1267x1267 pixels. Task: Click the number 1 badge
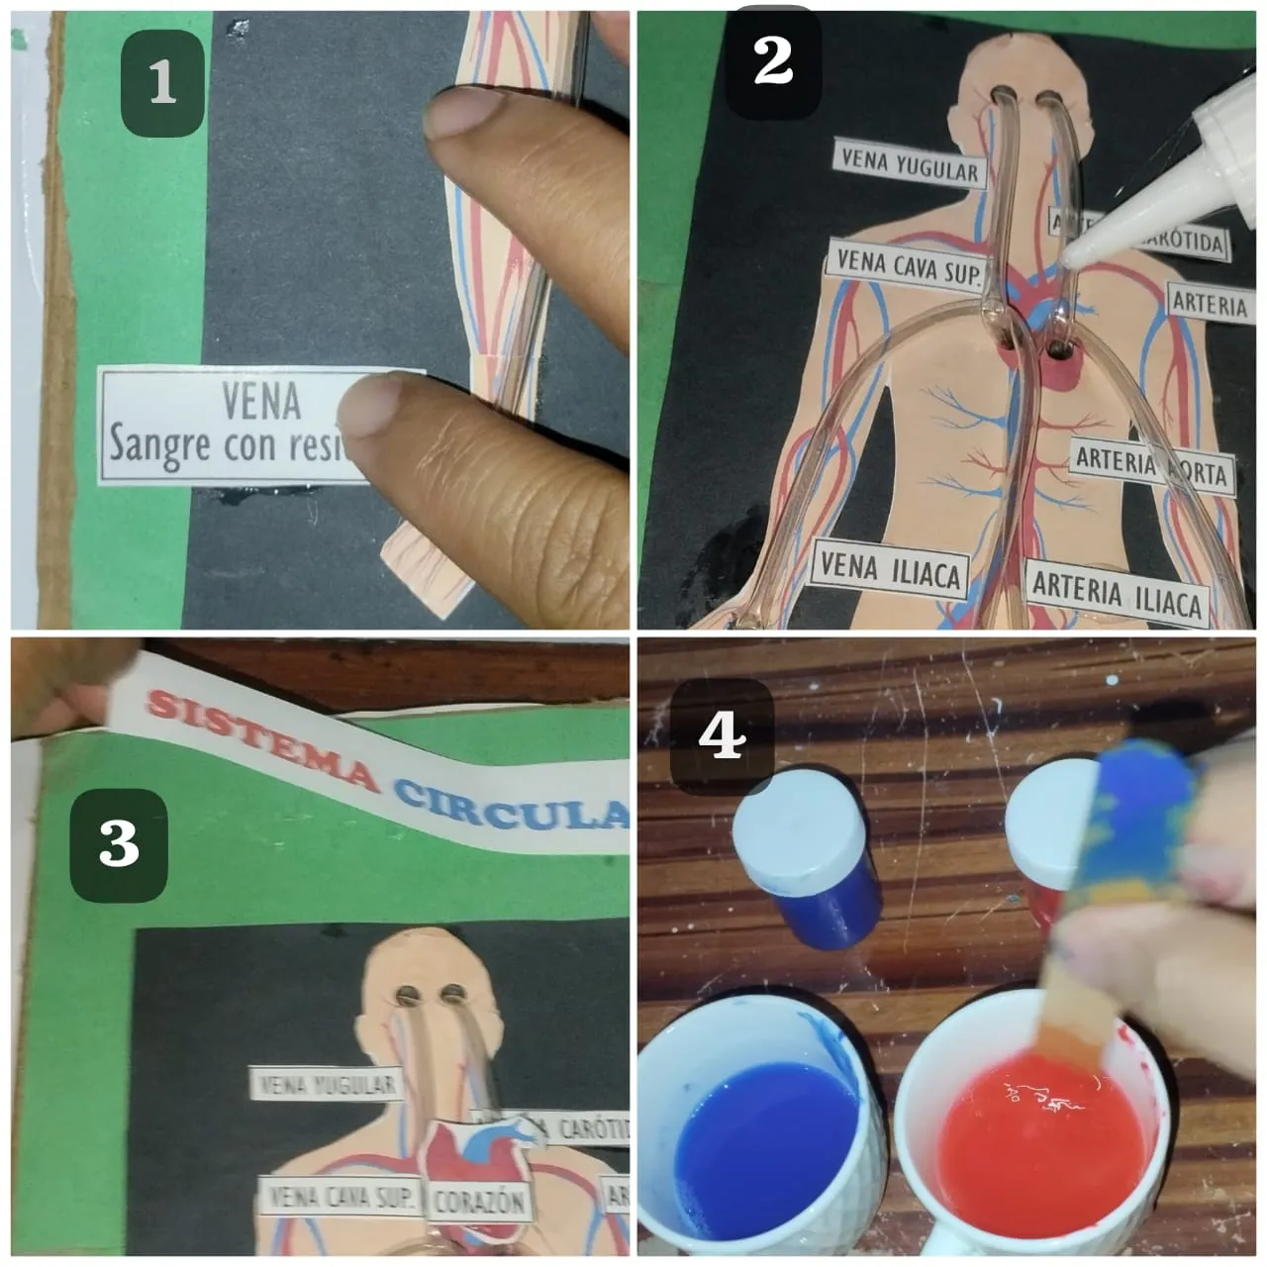click(x=162, y=82)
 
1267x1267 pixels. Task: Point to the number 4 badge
click(x=722, y=735)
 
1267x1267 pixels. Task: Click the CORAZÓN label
click(x=478, y=1203)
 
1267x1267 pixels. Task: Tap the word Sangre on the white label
click(x=162, y=444)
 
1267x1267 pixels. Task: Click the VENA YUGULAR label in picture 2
click(x=908, y=164)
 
